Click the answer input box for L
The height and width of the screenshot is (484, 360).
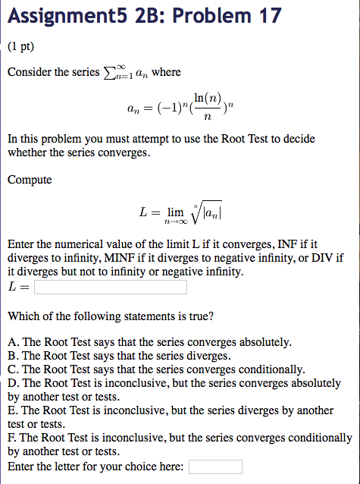(x=110, y=288)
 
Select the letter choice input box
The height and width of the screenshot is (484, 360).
(x=215, y=467)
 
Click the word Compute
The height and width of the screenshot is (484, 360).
(x=30, y=180)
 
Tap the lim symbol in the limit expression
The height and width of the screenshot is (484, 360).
(x=177, y=213)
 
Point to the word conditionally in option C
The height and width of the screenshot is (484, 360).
(x=272, y=369)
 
